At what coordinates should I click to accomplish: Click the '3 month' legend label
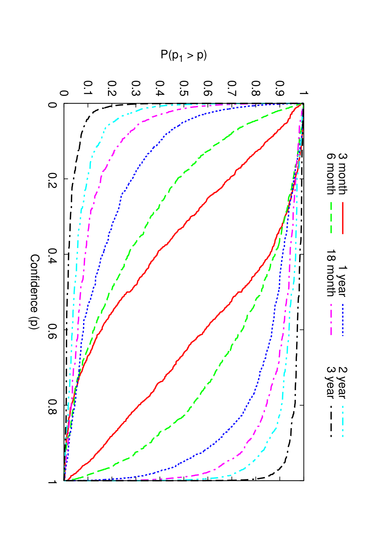click(x=343, y=174)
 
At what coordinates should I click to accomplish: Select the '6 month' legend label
click(x=331, y=174)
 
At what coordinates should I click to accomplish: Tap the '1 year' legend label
click(x=343, y=282)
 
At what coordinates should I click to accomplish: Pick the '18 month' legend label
click(x=331, y=273)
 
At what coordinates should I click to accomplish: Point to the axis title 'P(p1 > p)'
click(x=184, y=56)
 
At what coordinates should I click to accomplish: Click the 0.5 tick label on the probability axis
click(x=184, y=89)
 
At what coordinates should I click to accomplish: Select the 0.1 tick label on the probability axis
click(x=88, y=89)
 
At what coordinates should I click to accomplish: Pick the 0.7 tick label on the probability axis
click(x=232, y=89)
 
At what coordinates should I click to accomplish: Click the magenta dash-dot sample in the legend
click(x=331, y=320)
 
